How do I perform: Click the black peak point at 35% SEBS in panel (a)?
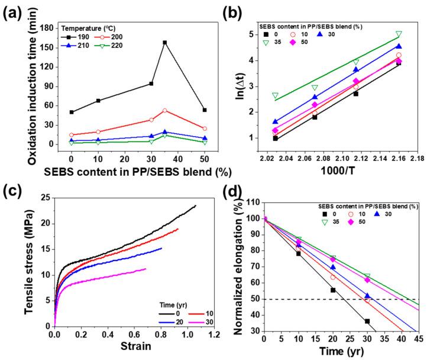coord(164,43)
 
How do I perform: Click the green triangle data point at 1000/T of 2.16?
coord(399,34)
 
